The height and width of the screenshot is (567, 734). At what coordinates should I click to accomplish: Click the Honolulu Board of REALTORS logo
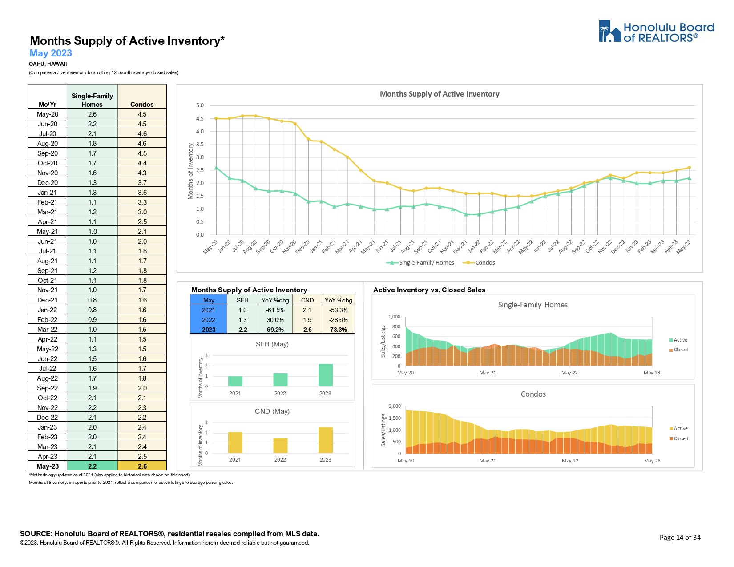click(x=656, y=32)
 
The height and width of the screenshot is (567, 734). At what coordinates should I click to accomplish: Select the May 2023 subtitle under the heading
click(x=51, y=53)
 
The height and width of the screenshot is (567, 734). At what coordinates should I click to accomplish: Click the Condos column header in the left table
click(x=142, y=105)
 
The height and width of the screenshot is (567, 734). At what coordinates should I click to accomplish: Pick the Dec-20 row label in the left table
click(x=48, y=183)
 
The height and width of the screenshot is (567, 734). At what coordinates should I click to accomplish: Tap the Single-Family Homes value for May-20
click(x=92, y=114)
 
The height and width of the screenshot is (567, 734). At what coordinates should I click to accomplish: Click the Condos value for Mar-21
click(x=142, y=212)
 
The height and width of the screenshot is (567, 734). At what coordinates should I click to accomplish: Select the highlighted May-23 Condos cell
click(x=142, y=466)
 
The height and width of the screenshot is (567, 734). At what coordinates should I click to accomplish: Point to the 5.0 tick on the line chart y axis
click(x=200, y=105)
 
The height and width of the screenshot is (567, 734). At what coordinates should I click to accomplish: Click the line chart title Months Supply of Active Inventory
click(x=440, y=94)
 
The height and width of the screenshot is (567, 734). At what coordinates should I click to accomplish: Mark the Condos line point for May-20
click(x=216, y=118)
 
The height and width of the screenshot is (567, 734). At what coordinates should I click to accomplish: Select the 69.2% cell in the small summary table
click(x=275, y=330)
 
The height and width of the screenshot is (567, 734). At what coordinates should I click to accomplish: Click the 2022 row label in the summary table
click(x=208, y=320)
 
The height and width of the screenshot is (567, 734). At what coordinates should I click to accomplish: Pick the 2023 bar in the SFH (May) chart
click(x=325, y=375)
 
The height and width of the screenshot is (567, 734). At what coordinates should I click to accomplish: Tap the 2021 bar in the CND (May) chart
click(x=235, y=442)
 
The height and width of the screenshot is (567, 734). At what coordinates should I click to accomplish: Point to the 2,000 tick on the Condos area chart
click(x=395, y=406)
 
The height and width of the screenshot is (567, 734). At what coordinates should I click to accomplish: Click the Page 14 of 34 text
click(x=680, y=538)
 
